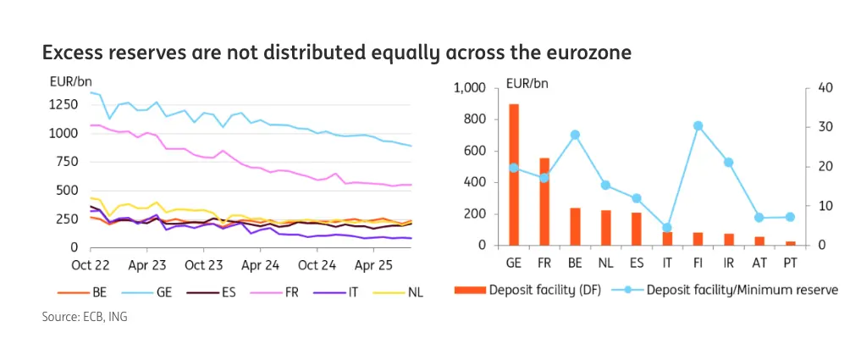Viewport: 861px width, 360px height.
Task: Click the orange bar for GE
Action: (x=514, y=174)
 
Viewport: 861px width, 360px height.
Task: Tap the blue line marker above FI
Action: (x=698, y=125)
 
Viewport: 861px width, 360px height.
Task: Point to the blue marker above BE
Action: (x=575, y=135)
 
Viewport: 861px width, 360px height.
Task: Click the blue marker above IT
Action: (x=667, y=228)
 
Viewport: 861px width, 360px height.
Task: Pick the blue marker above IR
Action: (x=728, y=162)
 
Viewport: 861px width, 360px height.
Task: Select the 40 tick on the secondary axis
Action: (x=825, y=88)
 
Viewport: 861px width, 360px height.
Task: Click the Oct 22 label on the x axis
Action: (x=91, y=264)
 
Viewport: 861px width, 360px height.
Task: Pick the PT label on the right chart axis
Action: (x=789, y=263)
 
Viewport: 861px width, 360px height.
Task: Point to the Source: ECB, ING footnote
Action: (x=85, y=317)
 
